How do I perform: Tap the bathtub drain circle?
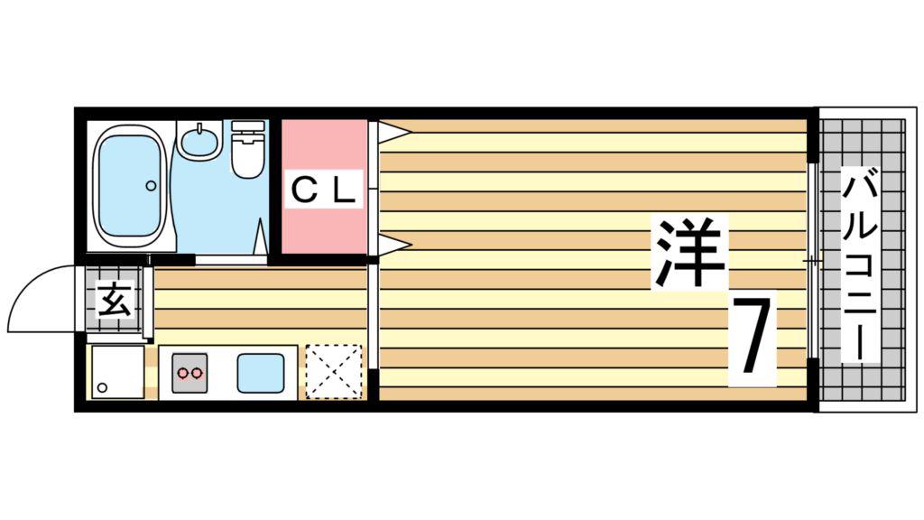[151, 186]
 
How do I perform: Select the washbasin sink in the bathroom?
[199, 140]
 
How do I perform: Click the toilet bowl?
[247, 155]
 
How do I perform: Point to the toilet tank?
[248, 126]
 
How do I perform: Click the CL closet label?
[324, 190]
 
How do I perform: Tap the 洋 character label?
[688, 253]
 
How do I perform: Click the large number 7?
[752, 336]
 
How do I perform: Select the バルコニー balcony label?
[860, 264]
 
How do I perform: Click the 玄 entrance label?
[115, 300]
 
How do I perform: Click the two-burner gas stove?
[190, 372]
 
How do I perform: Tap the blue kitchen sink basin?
[261, 373]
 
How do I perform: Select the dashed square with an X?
[334, 371]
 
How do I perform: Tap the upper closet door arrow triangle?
[393, 132]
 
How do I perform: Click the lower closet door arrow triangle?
[393, 244]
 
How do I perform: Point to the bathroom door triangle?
[261, 237]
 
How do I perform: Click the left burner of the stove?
[183, 373]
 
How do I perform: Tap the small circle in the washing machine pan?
[103, 387]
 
